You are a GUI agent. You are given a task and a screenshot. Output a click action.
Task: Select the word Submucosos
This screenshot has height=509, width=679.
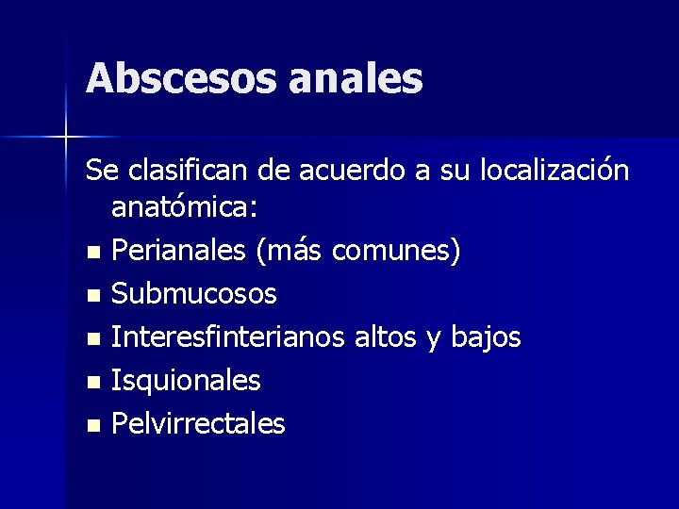194,294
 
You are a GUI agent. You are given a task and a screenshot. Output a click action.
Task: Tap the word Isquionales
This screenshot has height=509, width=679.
186,381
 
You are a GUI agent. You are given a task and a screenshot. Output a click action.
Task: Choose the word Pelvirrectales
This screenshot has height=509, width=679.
198,424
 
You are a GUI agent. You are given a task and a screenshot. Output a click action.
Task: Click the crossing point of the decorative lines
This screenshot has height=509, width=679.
66,137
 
